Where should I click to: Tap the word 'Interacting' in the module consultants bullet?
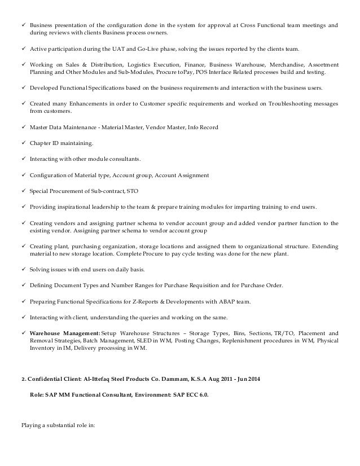(43, 160)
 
